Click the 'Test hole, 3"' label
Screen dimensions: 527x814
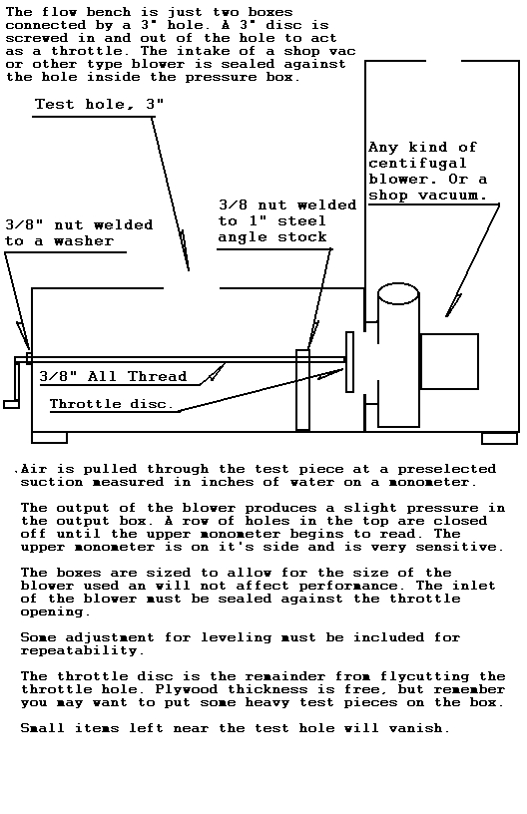click(99, 105)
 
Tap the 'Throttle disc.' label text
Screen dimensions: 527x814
click(111, 404)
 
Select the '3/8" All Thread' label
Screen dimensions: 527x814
click(113, 376)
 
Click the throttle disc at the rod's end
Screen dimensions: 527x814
click(349, 362)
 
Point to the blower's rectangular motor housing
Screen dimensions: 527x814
click(449, 361)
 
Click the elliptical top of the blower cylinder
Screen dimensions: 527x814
click(398, 293)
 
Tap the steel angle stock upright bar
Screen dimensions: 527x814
click(302, 390)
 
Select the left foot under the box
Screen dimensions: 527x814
click(49, 438)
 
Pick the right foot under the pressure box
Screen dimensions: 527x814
click(499, 438)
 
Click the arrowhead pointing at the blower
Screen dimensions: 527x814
click(453, 305)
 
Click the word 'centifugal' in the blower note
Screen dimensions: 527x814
click(417, 164)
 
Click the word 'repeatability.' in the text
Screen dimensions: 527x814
click(80, 651)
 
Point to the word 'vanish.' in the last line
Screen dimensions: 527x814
click(419, 728)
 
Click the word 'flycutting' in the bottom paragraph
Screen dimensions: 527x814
click(425, 677)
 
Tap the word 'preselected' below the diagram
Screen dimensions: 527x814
click(447, 469)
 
